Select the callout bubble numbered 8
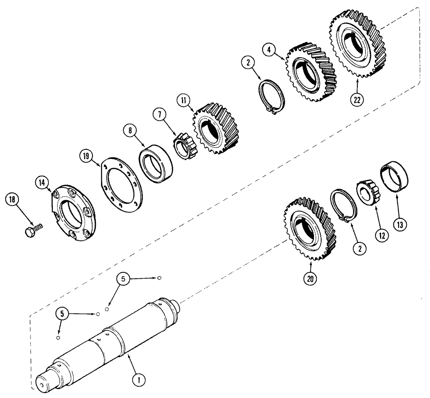coord(128,130)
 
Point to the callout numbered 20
coord(310,279)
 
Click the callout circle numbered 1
coord(139,379)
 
